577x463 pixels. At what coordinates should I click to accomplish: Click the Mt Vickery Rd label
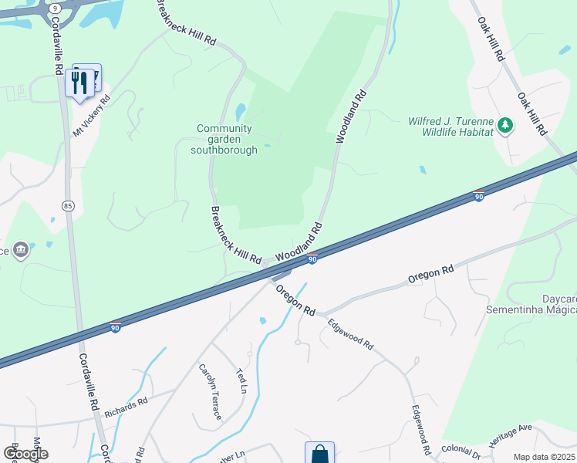coord(92,117)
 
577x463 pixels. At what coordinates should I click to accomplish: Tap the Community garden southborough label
coord(224,140)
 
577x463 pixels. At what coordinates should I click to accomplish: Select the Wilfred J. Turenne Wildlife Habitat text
coord(450,127)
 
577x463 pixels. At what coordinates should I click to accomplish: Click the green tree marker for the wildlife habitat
coord(505,125)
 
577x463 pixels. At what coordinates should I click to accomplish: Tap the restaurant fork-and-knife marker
coord(79,82)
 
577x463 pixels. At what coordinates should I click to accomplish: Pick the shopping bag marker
coord(319,454)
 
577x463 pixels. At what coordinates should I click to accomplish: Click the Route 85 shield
coord(69,205)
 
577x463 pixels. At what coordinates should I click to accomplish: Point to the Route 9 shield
coord(55,7)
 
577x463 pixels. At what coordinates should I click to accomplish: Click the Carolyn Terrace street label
coord(210,392)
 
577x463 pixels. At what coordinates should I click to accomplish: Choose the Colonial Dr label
coord(461,449)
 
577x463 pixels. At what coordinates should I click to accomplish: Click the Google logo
coord(25,454)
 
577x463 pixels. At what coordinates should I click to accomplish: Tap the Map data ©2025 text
coord(545,457)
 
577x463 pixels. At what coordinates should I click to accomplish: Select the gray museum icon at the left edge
coord(22,250)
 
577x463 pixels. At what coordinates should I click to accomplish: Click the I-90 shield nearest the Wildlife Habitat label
coord(478,197)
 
